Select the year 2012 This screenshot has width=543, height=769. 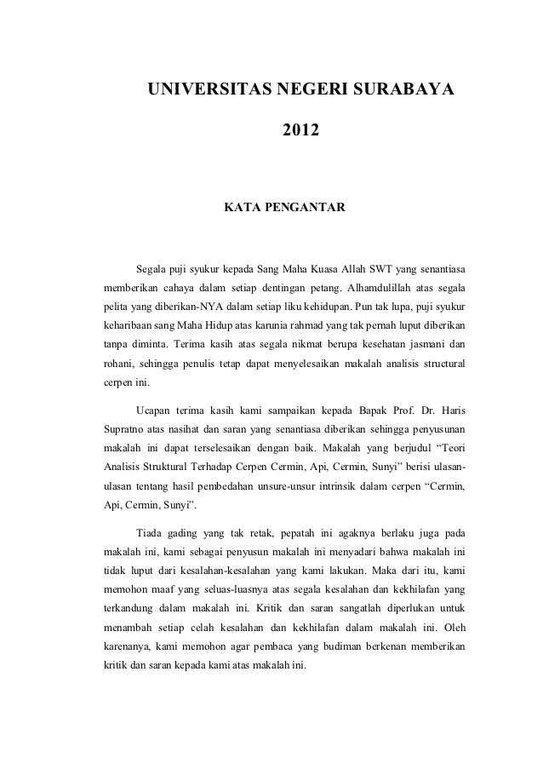click(x=301, y=132)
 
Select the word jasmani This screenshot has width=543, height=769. click(x=422, y=344)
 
